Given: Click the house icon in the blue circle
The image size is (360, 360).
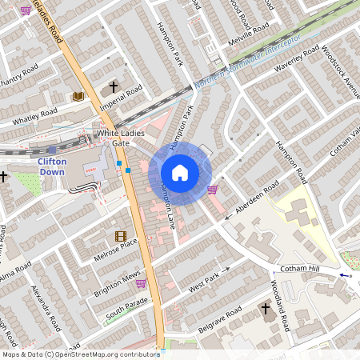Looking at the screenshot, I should pos(180,173).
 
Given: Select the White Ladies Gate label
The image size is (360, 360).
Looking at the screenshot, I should pos(112,138).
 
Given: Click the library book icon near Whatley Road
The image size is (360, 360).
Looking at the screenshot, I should pos(78,97).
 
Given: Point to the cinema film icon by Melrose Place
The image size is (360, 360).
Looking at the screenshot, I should pos(120,236).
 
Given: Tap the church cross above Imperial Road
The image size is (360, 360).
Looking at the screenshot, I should pos(114,86).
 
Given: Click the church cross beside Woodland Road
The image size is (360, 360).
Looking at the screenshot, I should pos(266,308).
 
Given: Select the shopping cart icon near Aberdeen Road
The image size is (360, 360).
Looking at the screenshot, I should pos(212,190).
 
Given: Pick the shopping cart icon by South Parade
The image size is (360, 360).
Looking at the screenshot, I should pos(141,282).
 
